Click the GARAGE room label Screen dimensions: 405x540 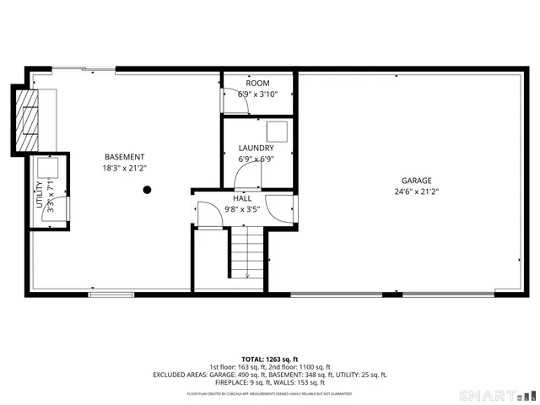tap(416, 181)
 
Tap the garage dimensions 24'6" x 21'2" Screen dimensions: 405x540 tap(416, 192)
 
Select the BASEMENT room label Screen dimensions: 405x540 tap(124, 157)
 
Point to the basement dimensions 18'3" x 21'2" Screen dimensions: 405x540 tap(124, 168)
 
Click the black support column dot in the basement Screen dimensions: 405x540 tap(147, 190)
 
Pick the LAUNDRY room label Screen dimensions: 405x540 tap(256, 148)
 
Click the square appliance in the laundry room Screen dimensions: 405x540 tap(276, 131)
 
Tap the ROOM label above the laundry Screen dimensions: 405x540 tap(257, 84)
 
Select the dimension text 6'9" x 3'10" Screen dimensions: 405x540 tap(257, 94)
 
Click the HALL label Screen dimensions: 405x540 tap(242, 198)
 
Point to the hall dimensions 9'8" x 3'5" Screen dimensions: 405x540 tap(242, 209)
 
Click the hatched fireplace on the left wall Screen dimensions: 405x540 tap(30, 117)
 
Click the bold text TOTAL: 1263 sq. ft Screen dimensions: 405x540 tap(269, 359)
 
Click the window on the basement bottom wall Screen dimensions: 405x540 tap(105, 294)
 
